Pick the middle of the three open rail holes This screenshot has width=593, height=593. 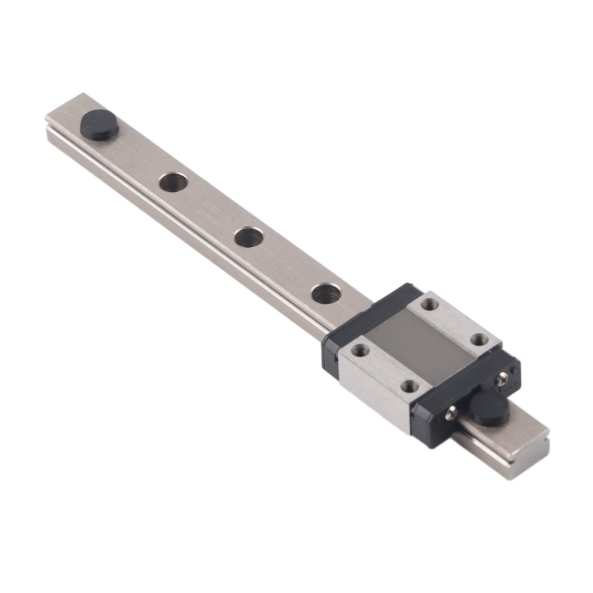tap(249, 236)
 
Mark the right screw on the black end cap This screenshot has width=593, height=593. tap(504, 378)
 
